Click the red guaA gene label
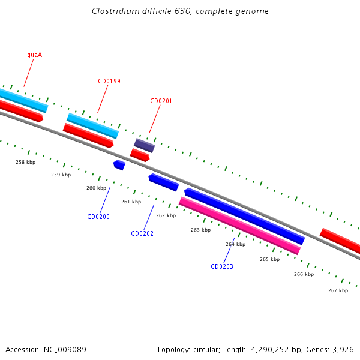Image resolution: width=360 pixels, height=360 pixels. (34, 55)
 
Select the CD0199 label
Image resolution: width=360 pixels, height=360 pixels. (109, 81)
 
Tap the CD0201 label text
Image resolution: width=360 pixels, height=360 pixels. (161, 101)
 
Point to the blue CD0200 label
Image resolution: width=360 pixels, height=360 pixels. (98, 217)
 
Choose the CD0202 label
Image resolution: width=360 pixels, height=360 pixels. (142, 233)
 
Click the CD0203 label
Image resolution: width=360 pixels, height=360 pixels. (222, 266)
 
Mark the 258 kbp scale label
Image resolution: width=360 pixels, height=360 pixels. (25, 162)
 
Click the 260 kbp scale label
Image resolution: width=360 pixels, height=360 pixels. (96, 188)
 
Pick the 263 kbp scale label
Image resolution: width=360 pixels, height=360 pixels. (200, 230)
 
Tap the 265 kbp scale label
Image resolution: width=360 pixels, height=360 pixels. (269, 259)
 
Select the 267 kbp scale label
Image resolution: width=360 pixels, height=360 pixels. (338, 290)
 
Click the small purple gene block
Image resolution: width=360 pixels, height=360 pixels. (144, 145)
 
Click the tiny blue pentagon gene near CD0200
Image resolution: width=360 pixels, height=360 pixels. (119, 164)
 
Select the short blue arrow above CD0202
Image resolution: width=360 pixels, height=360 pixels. (163, 182)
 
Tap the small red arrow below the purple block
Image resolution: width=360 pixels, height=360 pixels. (140, 155)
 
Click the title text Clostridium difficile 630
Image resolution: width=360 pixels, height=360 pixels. (180, 11)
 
